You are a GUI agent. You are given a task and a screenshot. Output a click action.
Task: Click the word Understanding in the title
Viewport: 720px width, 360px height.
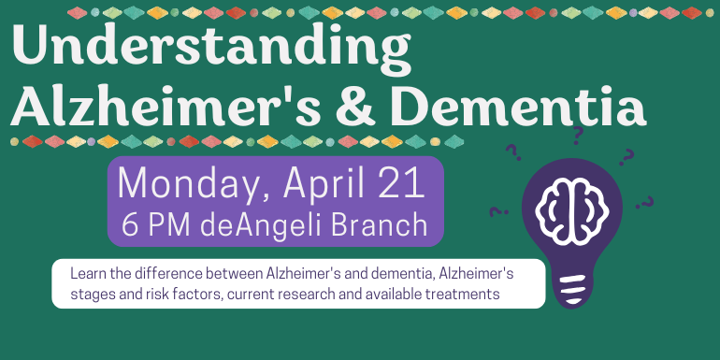point(211,49)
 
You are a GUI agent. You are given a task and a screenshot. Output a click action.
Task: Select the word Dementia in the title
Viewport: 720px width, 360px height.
point(518,105)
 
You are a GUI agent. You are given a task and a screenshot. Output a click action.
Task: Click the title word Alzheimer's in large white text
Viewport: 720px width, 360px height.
point(166,105)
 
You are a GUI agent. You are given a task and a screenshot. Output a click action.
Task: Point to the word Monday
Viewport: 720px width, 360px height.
point(193,184)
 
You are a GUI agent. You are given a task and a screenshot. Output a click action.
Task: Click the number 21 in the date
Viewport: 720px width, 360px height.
point(406,183)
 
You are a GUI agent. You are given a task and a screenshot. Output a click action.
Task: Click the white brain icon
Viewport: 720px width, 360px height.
point(572,210)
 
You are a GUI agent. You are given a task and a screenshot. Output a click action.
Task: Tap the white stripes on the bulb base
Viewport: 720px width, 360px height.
point(573,288)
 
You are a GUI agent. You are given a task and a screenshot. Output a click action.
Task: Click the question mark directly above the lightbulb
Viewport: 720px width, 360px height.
point(578,136)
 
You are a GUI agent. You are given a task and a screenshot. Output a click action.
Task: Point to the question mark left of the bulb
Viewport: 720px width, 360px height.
point(498,211)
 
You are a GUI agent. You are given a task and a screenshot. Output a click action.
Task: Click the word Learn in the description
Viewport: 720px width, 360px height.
point(84,274)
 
